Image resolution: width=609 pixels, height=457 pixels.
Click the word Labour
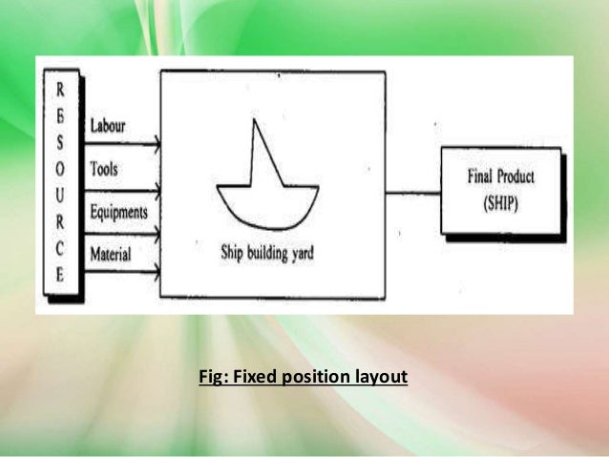pyautogui.click(x=107, y=126)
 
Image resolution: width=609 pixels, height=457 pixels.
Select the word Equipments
pyautogui.click(x=118, y=212)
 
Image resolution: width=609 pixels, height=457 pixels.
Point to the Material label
pyautogui.click(x=111, y=253)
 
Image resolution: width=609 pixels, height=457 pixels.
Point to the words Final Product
pyautogui.click(x=501, y=177)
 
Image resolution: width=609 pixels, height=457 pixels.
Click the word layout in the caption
pyautogui.click(x=381, y=377)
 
